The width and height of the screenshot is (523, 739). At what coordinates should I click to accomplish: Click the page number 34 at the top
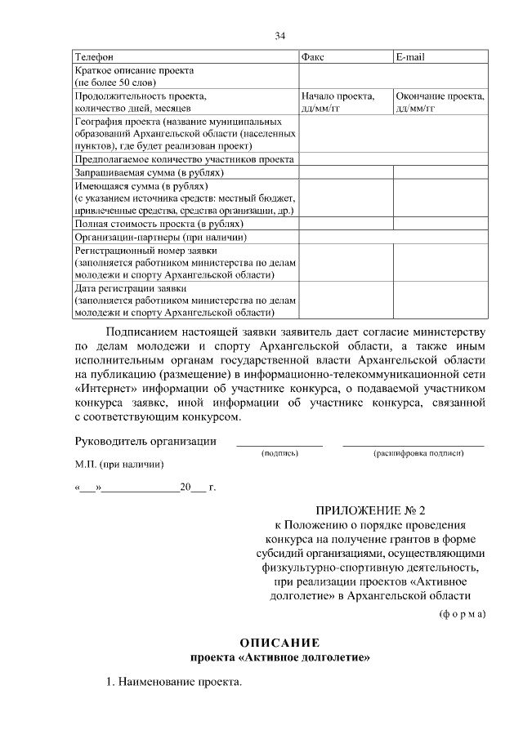(279, 35)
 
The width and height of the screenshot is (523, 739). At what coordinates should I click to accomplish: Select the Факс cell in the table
(313, 57)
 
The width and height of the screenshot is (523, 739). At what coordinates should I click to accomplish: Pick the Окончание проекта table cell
(440, 101)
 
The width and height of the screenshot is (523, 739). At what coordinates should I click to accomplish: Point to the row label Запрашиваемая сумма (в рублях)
(149, 173)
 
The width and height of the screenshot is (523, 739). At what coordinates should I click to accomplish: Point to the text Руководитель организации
(145, 442)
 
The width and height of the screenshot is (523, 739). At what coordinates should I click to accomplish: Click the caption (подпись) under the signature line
(279, 452)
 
